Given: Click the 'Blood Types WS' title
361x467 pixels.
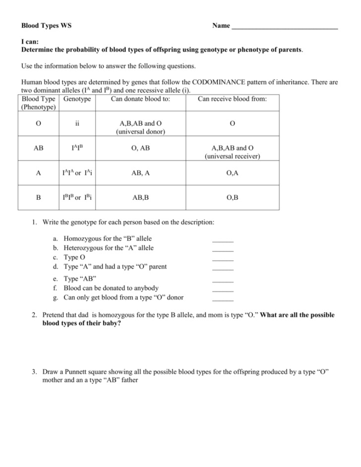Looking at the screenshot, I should click(46, 25).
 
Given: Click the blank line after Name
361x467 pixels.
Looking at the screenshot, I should click(285, 28).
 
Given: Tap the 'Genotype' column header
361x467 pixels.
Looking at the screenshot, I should click(77, 99).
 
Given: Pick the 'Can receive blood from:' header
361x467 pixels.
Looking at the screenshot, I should click(232, 99).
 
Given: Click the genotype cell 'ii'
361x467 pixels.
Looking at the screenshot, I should click(77, 123).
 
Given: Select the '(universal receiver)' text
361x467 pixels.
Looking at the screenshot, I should click(232, 156).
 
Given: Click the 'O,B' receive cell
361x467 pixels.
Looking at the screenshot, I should click(232, 197).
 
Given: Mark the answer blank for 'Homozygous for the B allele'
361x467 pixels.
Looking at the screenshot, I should click(222, 240).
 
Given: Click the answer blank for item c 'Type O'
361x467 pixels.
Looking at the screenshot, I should click(222, 258).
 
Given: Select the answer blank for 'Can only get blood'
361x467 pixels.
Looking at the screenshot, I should click(222, 299).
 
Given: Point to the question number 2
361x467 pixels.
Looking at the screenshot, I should click(34, 315).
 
